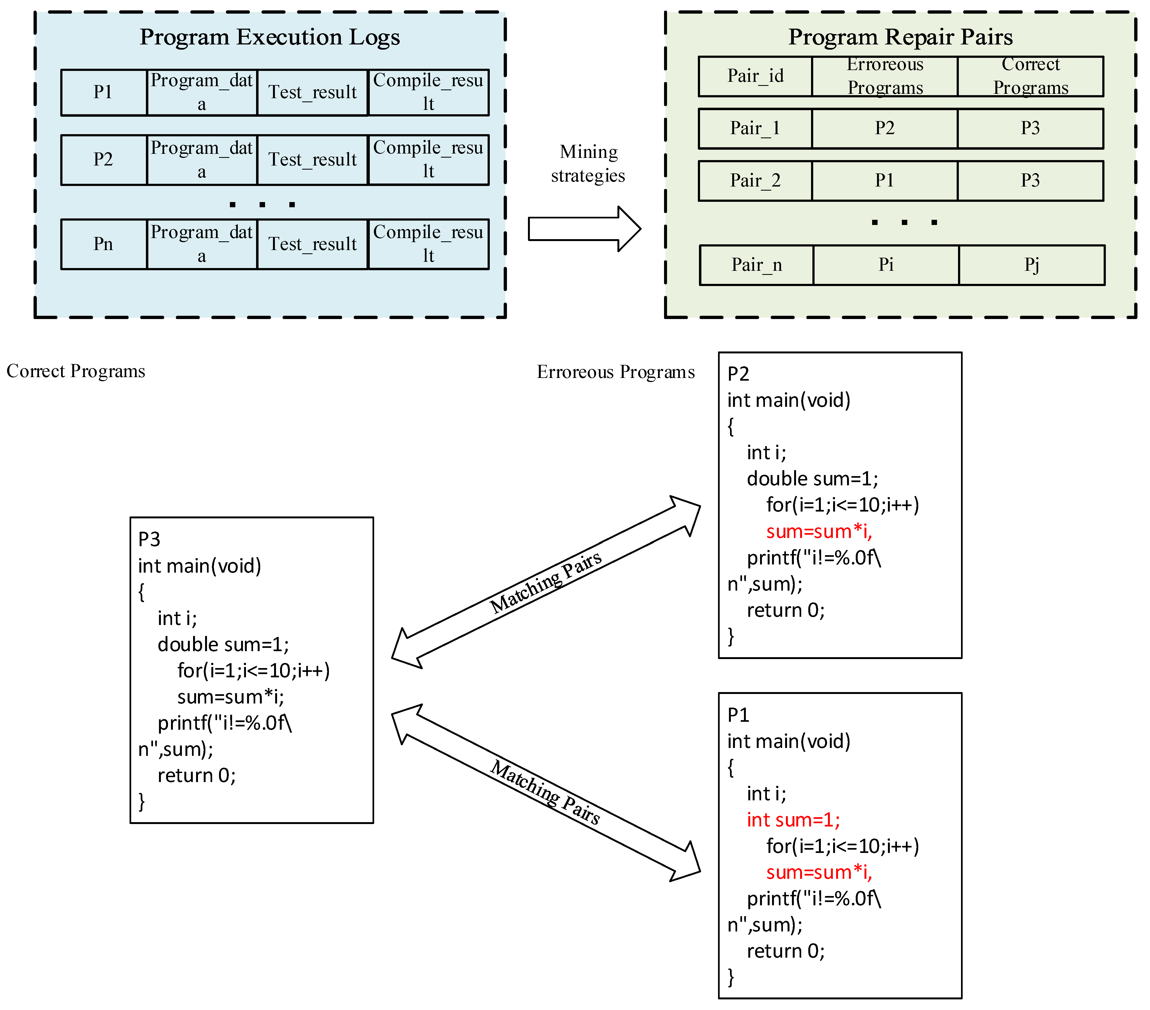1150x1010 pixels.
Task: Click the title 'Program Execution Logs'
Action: (x=269, y=37)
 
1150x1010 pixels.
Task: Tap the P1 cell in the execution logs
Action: (x=104, y=92)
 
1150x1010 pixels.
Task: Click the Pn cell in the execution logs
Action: (x=104, y=244)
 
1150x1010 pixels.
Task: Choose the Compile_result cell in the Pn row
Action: (x=428, y=244)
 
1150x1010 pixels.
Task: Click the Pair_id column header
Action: (x=755, y=76)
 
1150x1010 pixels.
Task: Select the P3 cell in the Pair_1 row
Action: (x=1030, y=128)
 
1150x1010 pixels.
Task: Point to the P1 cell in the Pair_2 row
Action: (x=884, y=181)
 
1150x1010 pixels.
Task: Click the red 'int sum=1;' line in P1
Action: (x=793, y=820)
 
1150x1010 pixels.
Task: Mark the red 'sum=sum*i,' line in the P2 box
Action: (x=819, y=531)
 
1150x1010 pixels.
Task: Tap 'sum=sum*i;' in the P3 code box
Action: (x=231, y=697)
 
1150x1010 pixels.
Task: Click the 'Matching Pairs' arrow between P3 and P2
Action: (x=546, y=582)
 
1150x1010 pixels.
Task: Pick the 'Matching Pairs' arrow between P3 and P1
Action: (x=546, y=792)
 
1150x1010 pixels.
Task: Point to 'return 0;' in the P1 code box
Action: (x=785, y=951)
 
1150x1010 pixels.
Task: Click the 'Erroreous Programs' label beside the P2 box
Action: (x=615, y=372)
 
